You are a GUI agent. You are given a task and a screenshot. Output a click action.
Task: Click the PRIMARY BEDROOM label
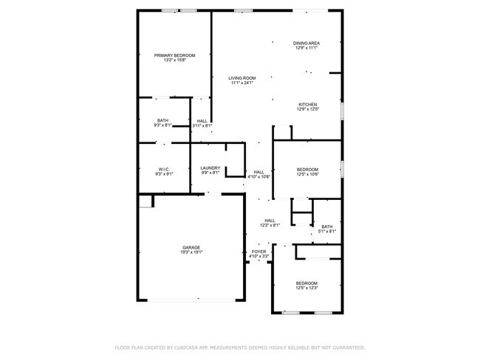[174, 55]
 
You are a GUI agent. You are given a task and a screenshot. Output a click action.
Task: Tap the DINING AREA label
[306, 44]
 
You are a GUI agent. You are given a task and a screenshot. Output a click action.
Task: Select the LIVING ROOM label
[241, 78]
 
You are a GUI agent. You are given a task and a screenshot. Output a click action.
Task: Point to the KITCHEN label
[308, 105]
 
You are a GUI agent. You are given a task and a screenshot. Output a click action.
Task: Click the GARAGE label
[191, 247]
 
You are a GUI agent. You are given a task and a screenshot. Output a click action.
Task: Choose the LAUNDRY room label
[210, 168]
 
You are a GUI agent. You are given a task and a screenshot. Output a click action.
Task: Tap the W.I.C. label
[163, 169]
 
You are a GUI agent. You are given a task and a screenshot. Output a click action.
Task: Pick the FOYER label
[258, 252]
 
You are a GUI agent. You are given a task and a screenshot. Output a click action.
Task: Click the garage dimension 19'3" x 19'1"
[191, 252]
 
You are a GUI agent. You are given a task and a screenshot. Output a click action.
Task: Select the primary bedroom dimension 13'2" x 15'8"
[174, 60]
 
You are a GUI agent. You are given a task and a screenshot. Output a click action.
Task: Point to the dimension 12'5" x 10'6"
[307, 174]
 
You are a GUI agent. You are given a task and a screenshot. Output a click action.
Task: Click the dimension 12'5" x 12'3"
[306, 288]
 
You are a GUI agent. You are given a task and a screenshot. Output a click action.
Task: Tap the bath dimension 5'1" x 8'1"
[327, 232]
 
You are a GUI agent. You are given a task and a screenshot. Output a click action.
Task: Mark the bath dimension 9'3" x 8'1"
[163, 125]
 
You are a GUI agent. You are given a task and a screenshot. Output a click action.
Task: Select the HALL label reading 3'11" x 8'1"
[202, 125]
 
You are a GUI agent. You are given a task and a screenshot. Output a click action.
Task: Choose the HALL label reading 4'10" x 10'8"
[258, 177]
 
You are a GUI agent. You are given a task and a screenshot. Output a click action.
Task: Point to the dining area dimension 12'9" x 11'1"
[306, 49]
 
